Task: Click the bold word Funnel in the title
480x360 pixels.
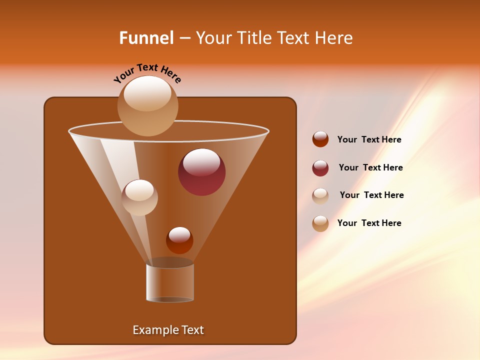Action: click(x=146, y=37)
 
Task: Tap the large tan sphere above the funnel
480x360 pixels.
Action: click(x=148, y=106)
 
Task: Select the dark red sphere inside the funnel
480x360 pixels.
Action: click(x=201, y=172)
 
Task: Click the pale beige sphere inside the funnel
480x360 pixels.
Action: click(x=139, y=197)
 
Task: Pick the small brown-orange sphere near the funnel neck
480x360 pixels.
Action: click(x=179, y=240)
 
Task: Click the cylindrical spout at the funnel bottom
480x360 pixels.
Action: click(x=170, y=282)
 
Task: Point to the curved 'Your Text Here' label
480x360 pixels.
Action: click(x=147, y=72)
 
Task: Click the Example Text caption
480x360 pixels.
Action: click(x=168, y=330)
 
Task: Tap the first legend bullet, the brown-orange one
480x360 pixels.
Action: click(x=320, y=139)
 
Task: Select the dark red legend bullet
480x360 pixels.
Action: click(x=320, y=168)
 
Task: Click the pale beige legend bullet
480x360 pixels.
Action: click(x=320, y=195)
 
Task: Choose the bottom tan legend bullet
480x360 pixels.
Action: click(x=320, y=223)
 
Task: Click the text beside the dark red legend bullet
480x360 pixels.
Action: click(x=370, y=167)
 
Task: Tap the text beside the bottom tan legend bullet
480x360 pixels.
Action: click(x=369, y=223)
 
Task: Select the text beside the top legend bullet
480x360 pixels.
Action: click(x=369, y=139)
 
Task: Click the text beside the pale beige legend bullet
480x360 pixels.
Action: click(x=371, y=195)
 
